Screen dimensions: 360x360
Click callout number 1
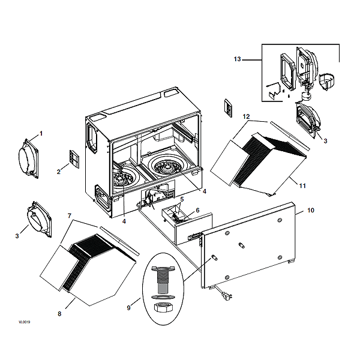(41, 132)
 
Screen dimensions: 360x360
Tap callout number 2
(59, 172)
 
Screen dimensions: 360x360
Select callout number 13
(237, 59)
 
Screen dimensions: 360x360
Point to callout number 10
(310, 211)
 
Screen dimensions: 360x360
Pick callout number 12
(246, 115)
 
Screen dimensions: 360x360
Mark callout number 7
(70, 215)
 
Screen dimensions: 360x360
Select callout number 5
(182, 199)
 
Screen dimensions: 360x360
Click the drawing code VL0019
(24, 322)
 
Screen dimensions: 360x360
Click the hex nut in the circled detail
(163, 307)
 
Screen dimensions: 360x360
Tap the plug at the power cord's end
(227, 295)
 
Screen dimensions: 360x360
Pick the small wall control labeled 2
(73, 159)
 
